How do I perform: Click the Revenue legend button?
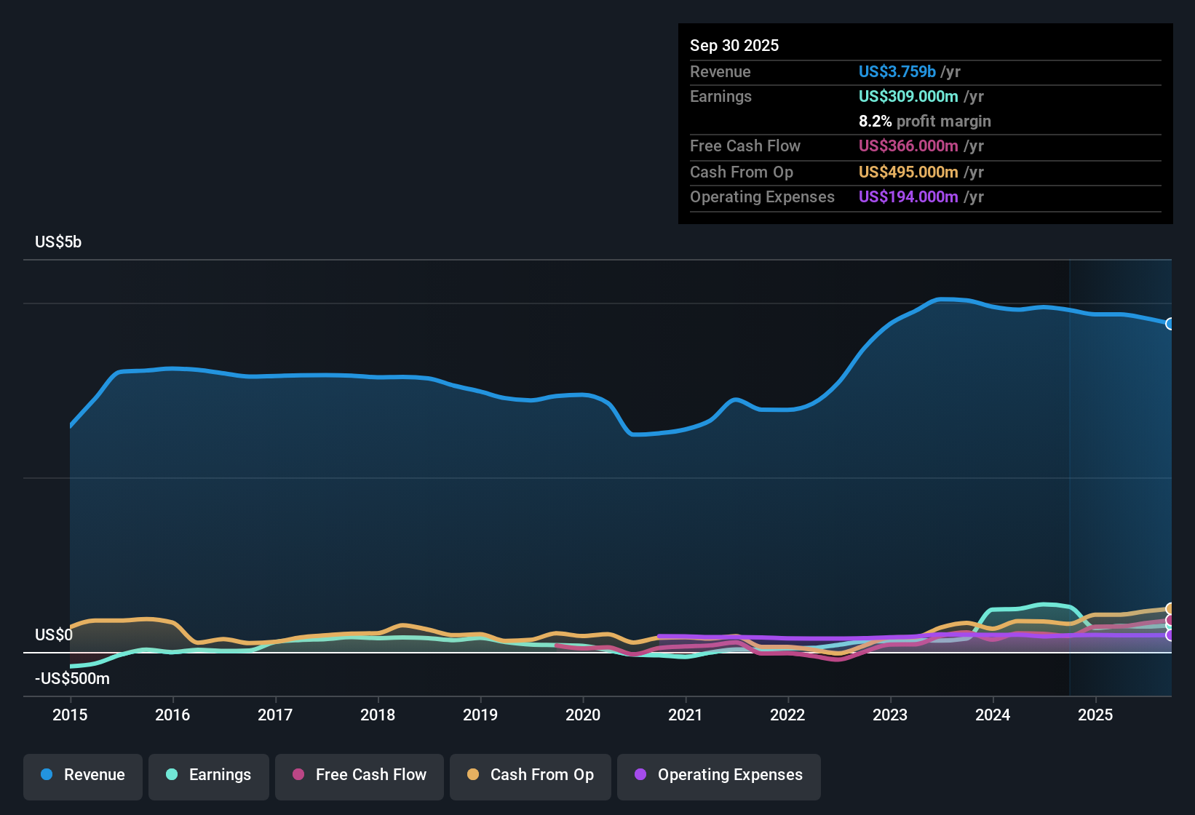[83, 775]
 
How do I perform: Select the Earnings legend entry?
[209, 775]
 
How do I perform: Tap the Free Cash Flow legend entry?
[360, 775]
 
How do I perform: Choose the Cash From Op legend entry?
[531, 775]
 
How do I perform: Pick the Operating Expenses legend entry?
[719, 775]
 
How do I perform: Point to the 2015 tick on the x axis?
[70, 715]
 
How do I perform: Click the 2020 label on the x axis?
[583, 715]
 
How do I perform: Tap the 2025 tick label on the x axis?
[1095, 715]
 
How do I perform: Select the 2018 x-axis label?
[378, 715]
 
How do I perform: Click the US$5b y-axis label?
[58, 242]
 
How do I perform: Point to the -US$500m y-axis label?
[73, 679]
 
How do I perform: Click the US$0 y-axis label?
[54, 635]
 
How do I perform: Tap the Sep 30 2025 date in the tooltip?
[734, 46]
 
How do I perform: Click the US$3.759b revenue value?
[897, 71]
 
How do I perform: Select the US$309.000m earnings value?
[908, 96]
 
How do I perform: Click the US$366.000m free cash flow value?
[908, 146]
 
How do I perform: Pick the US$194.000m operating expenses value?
[908, 196]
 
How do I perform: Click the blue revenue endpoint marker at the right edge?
[1170, 324]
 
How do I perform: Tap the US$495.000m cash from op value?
[908, 172]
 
